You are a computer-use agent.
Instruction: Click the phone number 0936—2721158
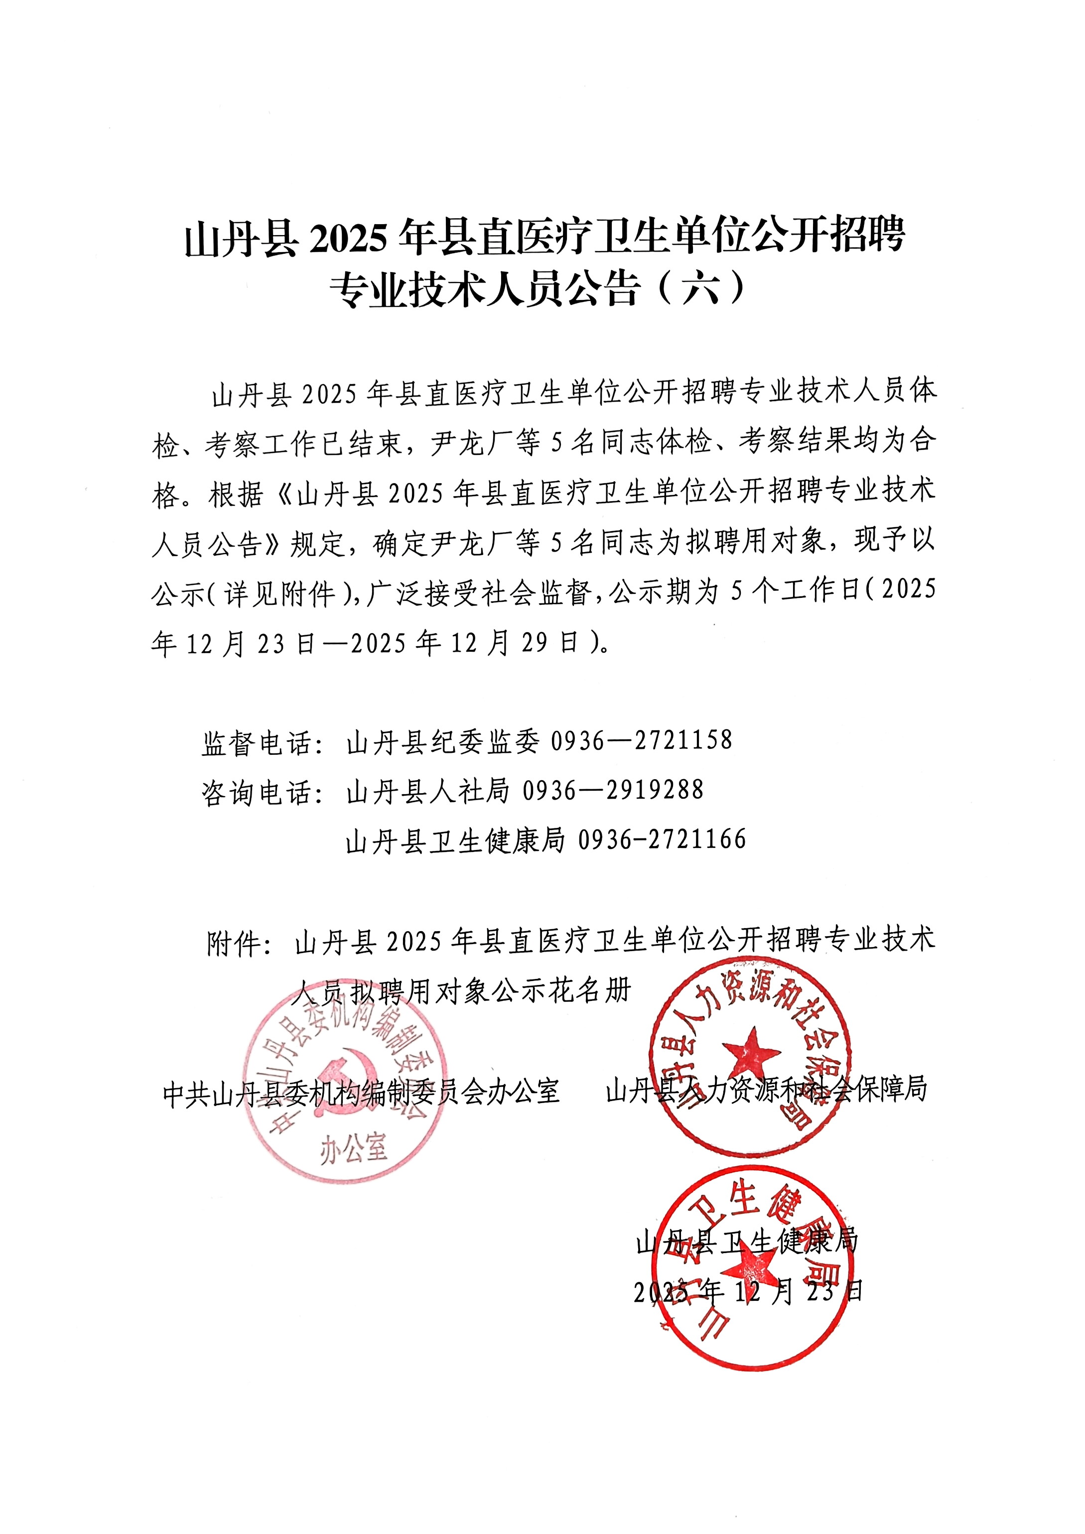(641, 740)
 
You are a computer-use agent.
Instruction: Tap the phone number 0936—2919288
(613, 790)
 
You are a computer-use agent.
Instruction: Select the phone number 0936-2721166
(662, 840)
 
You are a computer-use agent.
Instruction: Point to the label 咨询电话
(257, 792)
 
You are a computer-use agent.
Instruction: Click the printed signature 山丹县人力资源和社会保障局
(766, 1090)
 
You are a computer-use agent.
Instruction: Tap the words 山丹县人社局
(427, 791)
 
